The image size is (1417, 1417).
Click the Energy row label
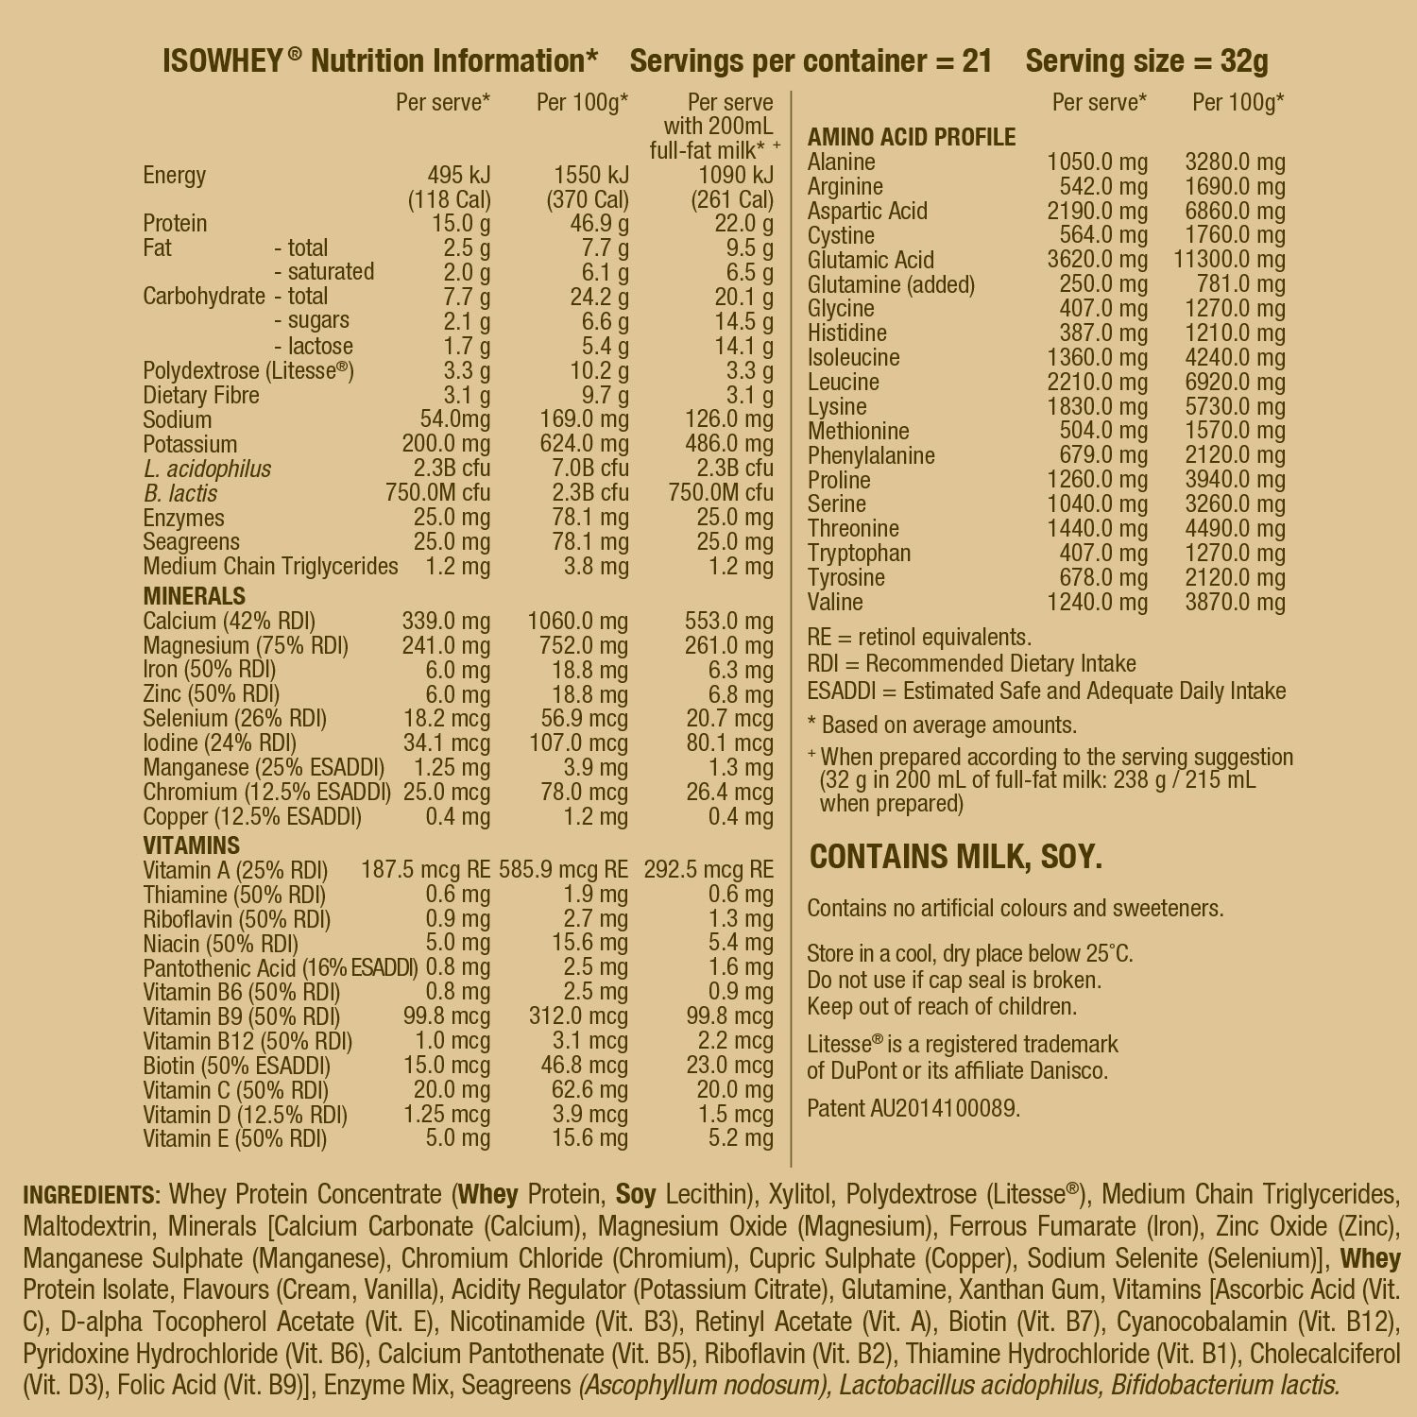[174, 176]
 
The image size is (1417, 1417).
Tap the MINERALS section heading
[194, 596]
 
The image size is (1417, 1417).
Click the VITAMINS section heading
[192, 845]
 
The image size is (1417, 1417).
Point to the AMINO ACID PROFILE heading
[911, 138]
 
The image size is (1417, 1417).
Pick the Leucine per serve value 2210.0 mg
[1097, 383]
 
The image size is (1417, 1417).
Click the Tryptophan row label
[859, 554]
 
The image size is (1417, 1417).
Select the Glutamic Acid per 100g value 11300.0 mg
[1229, 260]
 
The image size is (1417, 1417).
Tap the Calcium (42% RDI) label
[229, 622]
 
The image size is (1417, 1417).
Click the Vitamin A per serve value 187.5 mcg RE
[425, 870]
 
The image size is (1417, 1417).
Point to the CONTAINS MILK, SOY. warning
[956, 857]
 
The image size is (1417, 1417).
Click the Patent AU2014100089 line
[913, 1107]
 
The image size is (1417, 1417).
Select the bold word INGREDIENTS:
[92, 1195]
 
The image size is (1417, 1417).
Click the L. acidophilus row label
[207, 469]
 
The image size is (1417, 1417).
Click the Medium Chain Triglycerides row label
[270, 567]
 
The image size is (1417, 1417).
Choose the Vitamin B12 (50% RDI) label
[248, 1042]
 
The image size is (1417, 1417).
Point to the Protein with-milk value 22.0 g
[743, 224]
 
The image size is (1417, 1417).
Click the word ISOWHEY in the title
[223, 61]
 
